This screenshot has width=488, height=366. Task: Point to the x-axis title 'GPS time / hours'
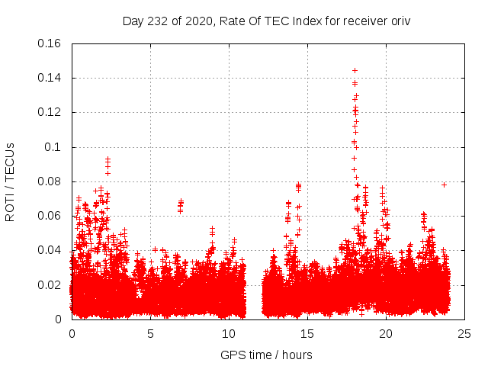click(x=266, y=355)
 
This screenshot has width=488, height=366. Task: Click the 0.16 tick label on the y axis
click(x=50, y=43)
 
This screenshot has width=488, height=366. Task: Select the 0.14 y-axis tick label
click(x=50, y=78)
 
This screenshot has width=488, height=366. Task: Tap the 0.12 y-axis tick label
click(x=50, y=112)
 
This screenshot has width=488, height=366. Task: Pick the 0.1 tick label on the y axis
click(x=53, y=147)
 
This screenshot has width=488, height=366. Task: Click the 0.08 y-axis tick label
click(x=50, y=181)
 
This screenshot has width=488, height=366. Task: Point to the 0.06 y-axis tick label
click(x=50, y=216)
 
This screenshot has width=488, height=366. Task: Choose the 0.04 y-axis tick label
click(x=50, y=250)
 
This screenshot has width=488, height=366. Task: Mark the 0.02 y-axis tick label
click(x=50, y=285)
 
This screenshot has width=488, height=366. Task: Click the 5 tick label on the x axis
click(x=150, y=333)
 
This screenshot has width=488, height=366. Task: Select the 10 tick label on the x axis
click(x=229, y=333)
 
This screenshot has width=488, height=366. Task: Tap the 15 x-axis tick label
click(x=307, y=333)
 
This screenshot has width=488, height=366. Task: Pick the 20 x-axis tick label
click(x=386, y=333)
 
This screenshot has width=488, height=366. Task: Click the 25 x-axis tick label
click(x=464, y=333)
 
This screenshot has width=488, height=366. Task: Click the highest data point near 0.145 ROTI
click(x=355, y=70)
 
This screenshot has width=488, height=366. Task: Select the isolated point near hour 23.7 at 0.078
click(x=444, y=185)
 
